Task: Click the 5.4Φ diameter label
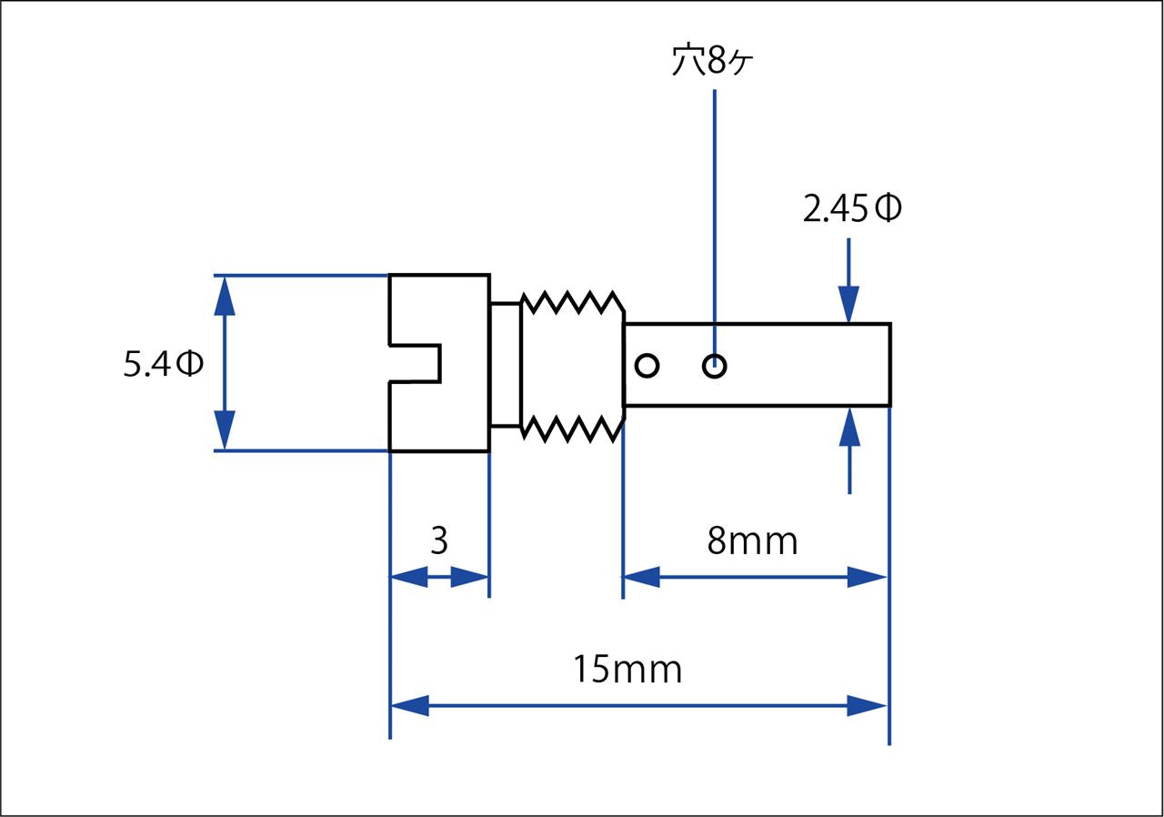point(163,363)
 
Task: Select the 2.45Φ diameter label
point(852,207)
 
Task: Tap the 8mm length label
point(752,541)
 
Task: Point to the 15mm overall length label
point(627,670)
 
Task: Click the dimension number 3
point(439,540)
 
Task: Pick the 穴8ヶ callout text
point(712,60)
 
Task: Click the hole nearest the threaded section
point(647,366)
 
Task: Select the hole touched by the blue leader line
point(715,366)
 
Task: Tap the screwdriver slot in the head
point(416,363)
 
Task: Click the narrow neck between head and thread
point(505,364)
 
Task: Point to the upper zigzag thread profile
point(573,303)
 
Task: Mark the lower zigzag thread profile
point(573,429)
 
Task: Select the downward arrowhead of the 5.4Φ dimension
point(225,429)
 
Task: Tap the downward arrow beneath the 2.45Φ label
point(848,280)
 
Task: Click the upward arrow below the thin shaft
point(849,450)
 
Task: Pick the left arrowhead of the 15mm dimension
point(409,705)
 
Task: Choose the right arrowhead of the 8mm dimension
point(867,577)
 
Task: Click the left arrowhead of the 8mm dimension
point(641,577)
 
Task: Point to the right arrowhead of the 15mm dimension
point(867,705)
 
